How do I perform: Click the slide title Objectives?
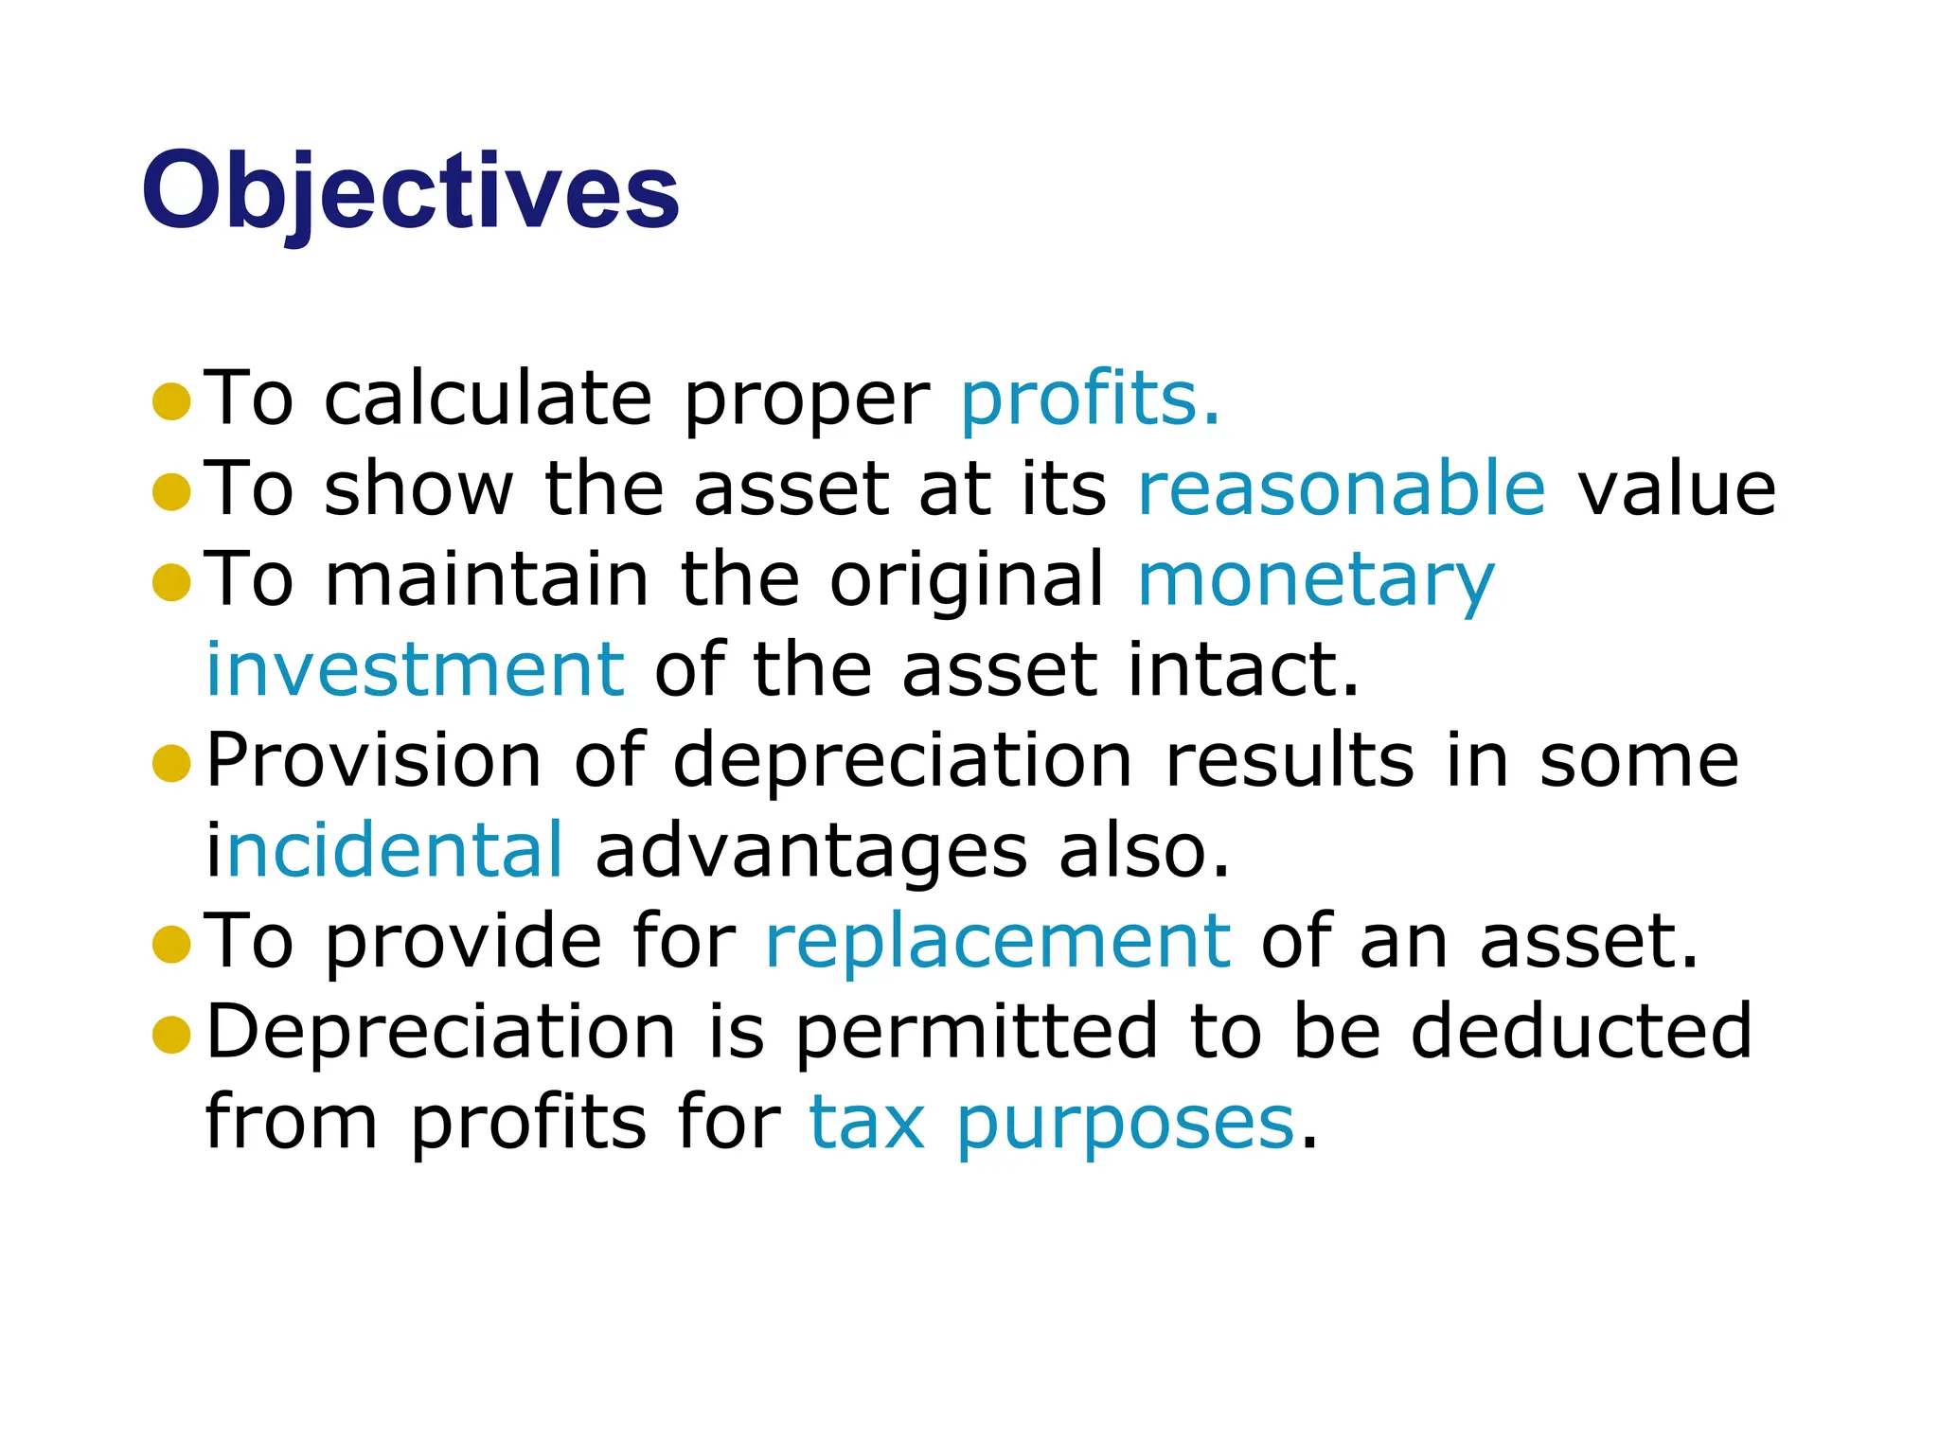(410, 192)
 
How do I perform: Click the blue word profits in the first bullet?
(1079, 399)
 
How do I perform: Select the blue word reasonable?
(1342, 488)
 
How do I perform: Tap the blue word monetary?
(1315, 580)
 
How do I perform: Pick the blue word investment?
(415, 670)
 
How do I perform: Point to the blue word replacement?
(998, 942)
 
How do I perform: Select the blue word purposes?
(1125, 1124)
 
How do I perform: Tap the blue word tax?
(866, 1124)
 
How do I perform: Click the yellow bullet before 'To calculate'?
(171, 401)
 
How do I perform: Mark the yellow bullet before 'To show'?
(171, 491)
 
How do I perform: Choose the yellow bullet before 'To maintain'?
(171, 582)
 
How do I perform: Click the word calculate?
(488, 399)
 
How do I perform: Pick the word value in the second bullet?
(1676, 488)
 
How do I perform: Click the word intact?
(1243, 670)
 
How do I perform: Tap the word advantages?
(810, 852)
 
